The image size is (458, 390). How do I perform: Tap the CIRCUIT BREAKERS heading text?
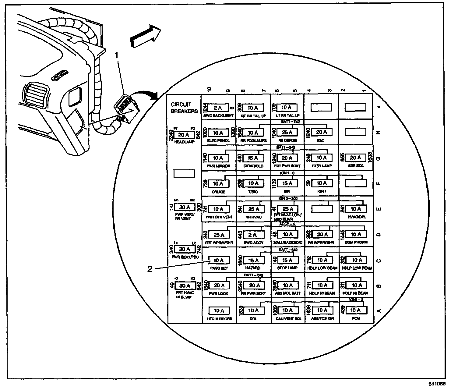coord(184,108)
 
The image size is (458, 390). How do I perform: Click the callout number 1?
coord(116,55)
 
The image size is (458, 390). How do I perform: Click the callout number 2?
coord(150,269)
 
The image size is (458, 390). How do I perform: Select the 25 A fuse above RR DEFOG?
coord(287,133)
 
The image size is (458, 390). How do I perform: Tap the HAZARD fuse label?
coord(253,268)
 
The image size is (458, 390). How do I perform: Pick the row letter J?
coord(379,107)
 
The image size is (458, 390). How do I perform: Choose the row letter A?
coord(379,311)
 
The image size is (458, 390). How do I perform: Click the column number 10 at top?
coord(209,90)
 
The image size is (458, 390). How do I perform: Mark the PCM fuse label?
coord(356,318)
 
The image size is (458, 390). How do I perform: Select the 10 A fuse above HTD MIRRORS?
coord(219,310)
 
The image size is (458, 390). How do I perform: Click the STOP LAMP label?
coord(287,268)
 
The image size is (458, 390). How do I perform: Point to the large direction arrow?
coord(145,37)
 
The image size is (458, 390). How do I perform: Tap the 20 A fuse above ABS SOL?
coord(355,158)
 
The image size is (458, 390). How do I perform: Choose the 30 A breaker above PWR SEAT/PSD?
coord(184,249)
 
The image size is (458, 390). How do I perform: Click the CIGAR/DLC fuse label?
coord(253,166)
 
